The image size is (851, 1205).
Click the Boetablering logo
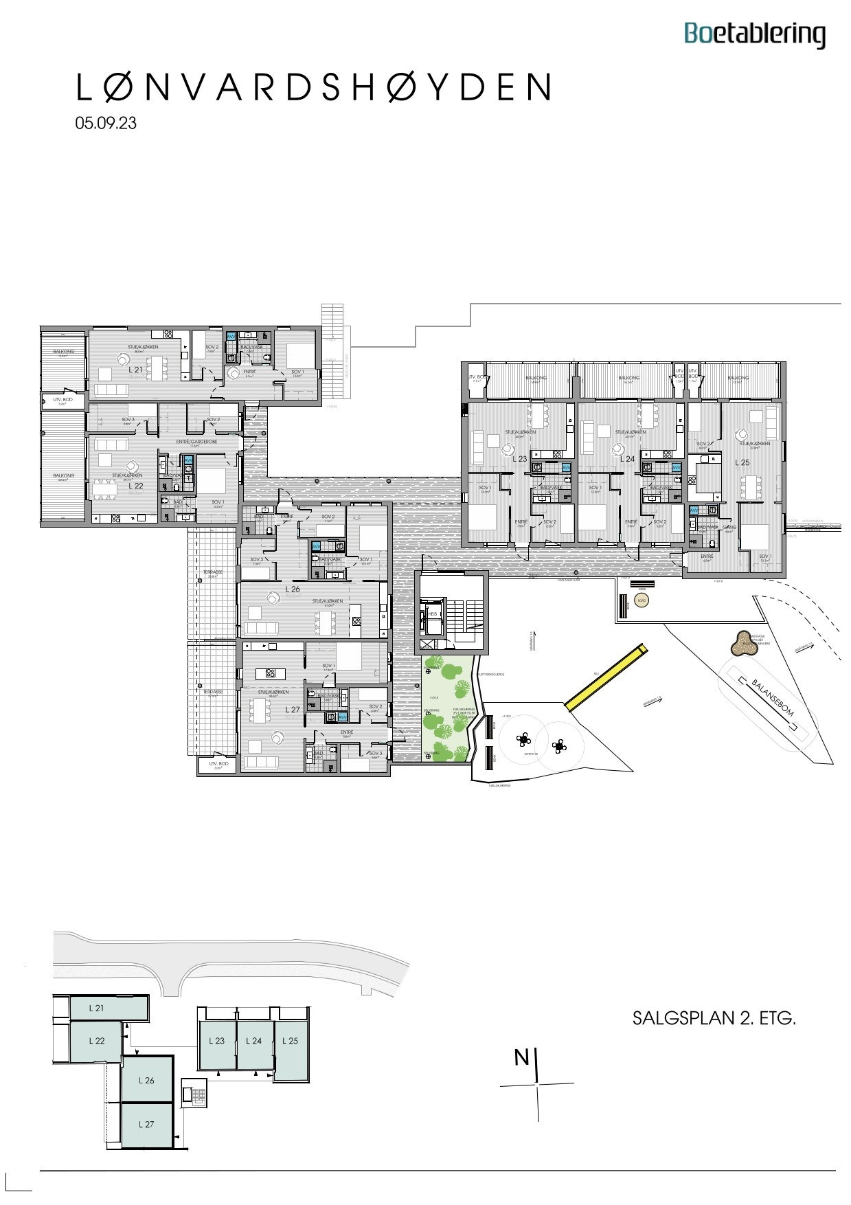pos(754,34)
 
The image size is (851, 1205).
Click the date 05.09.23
pos(106,123)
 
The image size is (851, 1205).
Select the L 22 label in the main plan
pos(135,485)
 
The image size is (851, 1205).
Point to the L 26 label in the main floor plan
pos(293,589)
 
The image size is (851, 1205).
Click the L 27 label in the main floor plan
pos(293,709)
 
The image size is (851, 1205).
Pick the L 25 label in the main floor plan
pos(742,462)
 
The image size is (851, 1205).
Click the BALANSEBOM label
pos(772,697)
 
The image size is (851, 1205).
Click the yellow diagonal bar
pos(605,677)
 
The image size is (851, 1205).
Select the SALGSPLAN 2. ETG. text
pos(714,1018)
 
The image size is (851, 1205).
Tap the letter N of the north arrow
pos(522,1058)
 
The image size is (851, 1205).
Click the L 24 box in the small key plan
pos(254,1041)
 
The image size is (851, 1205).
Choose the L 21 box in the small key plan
pos(97,1009)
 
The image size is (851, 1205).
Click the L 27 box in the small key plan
pos(146,1125)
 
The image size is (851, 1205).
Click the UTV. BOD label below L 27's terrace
pos(218,764)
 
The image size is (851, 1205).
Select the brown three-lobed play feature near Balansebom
pos(742,644)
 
